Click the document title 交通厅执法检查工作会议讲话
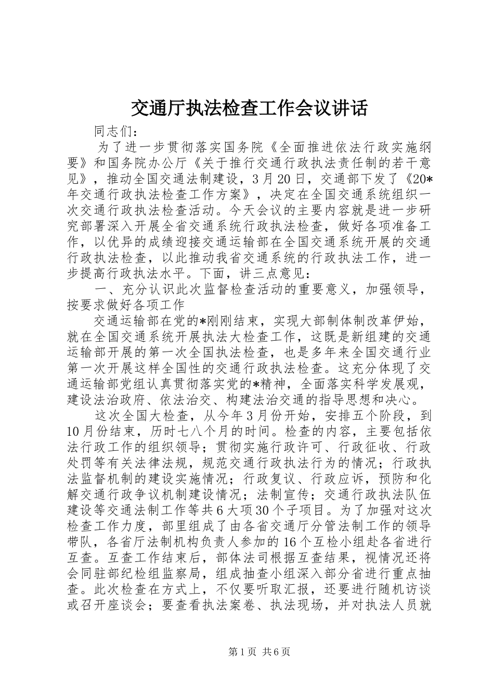click(x=248, y=109)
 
